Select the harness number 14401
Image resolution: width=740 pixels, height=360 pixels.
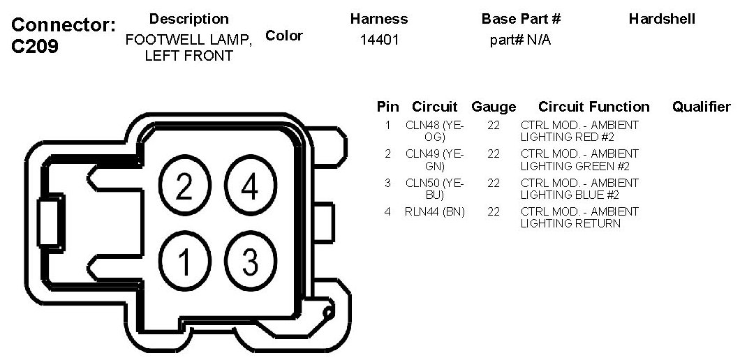point(379,40)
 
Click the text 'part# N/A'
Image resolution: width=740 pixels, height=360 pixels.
point(521,40)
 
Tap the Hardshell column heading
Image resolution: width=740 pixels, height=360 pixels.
point(662,19)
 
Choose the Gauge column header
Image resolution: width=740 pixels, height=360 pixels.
point(494,107)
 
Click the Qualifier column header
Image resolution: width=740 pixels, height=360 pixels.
point(701,107)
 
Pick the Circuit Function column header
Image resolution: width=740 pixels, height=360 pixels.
point(593,107)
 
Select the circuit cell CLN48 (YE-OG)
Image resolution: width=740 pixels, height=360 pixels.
point(435,131)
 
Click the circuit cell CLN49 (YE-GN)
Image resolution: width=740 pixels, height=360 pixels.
point(435,160)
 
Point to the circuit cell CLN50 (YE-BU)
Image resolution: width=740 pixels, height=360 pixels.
point(435,189)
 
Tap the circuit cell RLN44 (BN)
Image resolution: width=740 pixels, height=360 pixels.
point(435,211)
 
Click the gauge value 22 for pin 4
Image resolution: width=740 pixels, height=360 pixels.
point(494,211)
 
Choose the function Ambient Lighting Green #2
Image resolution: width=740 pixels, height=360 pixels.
point(579,160)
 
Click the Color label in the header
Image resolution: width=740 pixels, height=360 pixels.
point(284,36)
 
